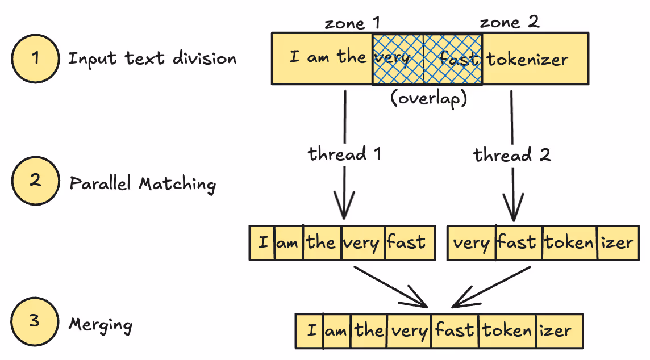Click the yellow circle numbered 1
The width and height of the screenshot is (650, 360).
[x=35, y=59]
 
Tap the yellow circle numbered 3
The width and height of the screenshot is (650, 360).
[x=35, y=321]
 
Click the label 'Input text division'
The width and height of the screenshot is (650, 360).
[x=152, y=58]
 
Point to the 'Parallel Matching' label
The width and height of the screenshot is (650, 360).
[x=143, y=184]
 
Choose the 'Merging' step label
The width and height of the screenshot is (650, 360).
[x=101, y=325]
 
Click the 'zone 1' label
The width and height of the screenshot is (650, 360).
[x=352, y=23]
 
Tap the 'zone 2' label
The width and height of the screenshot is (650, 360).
[x=509, y=23]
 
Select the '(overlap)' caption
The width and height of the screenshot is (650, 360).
[x=428, y=98]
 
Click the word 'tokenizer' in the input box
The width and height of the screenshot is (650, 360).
[x=527, y=59]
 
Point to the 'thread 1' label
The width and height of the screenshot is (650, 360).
[x=344, y=154]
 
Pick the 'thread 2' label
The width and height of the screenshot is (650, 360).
[x=512, y=154]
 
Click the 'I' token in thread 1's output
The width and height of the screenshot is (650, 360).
[x=263, y=243]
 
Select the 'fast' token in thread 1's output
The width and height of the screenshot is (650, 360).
[x=406, y=242]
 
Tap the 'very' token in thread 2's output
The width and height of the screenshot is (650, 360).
[x=471, y=243]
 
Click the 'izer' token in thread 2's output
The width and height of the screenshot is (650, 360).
[x=617, y=243]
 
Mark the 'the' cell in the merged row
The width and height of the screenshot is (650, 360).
[x=369, y=330]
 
